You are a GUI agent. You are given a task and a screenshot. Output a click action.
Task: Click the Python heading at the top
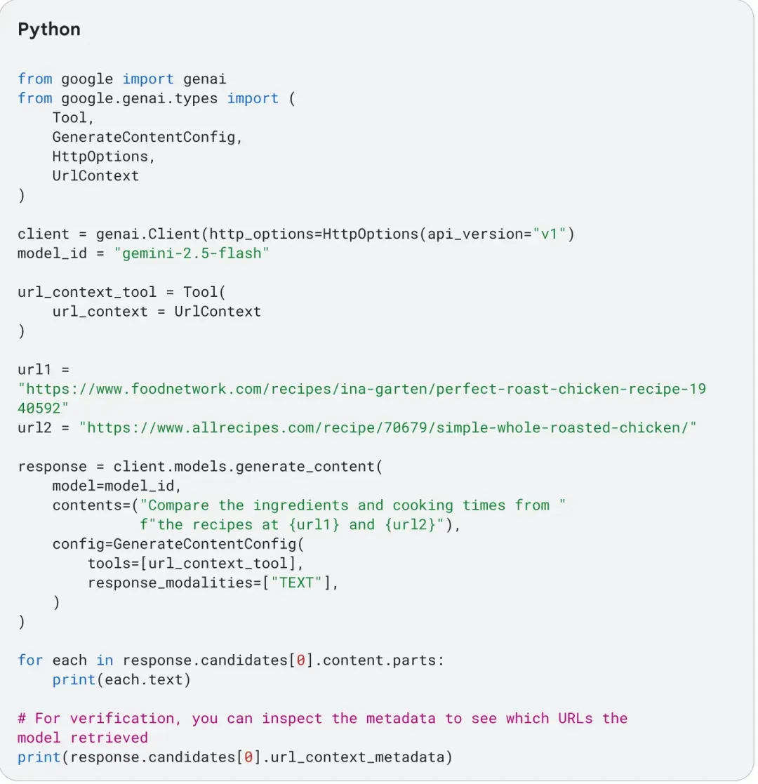(x=49, y=29)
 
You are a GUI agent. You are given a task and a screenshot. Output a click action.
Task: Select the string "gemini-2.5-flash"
(x=192, y=253)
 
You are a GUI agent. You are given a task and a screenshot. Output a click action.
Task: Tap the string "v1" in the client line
(x=544, y=234)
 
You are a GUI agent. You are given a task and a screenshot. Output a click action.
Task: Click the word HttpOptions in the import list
(x=100, y=156)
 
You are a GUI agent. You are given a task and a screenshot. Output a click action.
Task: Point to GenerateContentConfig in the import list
(x=143, y=137)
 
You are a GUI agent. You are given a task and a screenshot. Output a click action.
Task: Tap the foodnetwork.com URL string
(x=361, y=388)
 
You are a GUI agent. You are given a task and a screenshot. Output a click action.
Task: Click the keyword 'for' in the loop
(x=30, y=660)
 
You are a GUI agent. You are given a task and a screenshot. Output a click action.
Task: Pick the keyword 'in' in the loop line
(x=105, y=660)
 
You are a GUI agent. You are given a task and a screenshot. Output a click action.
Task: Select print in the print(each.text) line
(x=74, y=679)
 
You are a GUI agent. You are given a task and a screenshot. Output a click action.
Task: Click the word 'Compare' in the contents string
(x=178, y=505)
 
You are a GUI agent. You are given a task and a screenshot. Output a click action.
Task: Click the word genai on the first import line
(x=205, y=79)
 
